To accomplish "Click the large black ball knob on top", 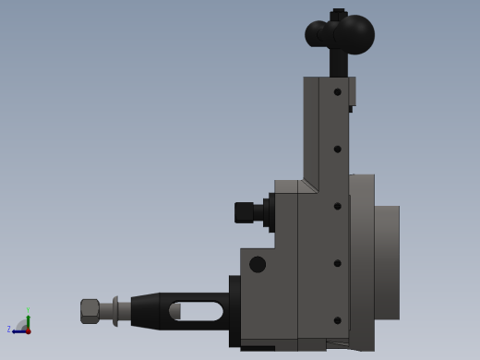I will click(354, 34).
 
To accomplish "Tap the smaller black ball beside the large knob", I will click(317, 34).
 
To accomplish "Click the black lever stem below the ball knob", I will click(339, 63).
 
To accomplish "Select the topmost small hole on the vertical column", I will click(338, 91).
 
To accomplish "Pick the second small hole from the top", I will click(338, 149).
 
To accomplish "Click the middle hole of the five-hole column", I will click(338, 206).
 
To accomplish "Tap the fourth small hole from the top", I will click(338, 263).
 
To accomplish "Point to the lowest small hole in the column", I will click(338, 320).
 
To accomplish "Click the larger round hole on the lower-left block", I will click(258, 264).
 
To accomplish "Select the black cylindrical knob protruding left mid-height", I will click(245, 212).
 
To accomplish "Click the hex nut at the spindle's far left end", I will click(90, 310).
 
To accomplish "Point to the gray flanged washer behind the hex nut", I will click(115, 311).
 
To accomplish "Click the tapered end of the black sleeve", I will click(145, 311).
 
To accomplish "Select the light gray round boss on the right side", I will click(387, 262).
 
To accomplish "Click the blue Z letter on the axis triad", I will click(9, 330).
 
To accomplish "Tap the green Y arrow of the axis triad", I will click(28, 319).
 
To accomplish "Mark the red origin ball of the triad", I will click(28, 330).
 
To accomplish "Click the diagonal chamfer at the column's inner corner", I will click(308, 186).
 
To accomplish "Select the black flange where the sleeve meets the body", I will click(234, 311).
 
